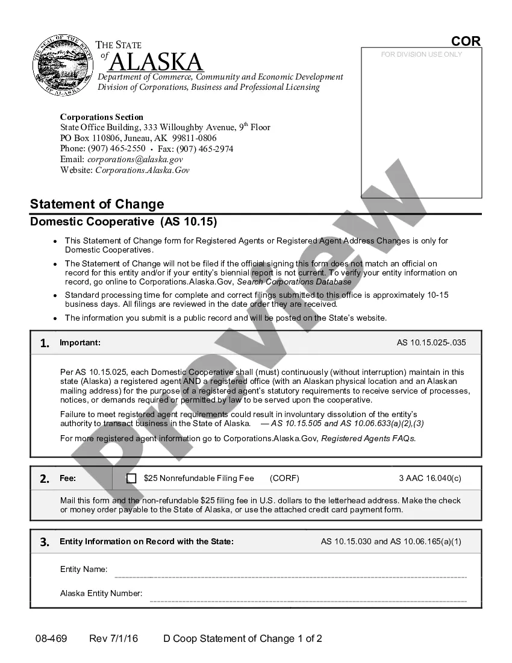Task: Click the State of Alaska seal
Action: [x=59, y=65]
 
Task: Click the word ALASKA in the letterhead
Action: [x=157, y=62]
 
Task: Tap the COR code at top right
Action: [x=466, y=41]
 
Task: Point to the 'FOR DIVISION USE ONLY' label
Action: [x=422, y=54]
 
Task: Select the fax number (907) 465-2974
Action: [x=204, y=149]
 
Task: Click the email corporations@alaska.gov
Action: [x=134, y=160]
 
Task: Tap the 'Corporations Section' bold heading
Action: [x=102, y=117]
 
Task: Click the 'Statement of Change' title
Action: [x=97, y=204]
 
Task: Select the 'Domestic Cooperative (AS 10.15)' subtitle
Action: [x=123, y=222]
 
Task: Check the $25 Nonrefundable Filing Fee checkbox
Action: [x=131, y=479]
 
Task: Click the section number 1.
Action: [x=45, y=344]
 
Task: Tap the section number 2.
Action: [x=45, y=479]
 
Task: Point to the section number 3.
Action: [x=45, y=542]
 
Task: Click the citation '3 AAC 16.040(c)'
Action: [x=430, y=479]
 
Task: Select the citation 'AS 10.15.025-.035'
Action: [x=431, y=343]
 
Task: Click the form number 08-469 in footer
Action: [x=51, y=639]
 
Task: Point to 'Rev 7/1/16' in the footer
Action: [x=113, y=639]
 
